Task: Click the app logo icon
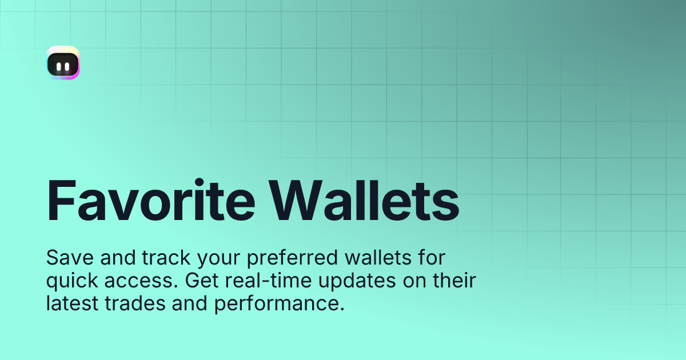(x=63, y=63)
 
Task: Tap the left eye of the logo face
(x=59, y=66)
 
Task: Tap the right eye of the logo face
(x=67, y=66)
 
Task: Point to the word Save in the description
(x=64, y=258)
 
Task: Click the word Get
(x=200, y=281)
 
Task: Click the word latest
(x=71, y=304)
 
